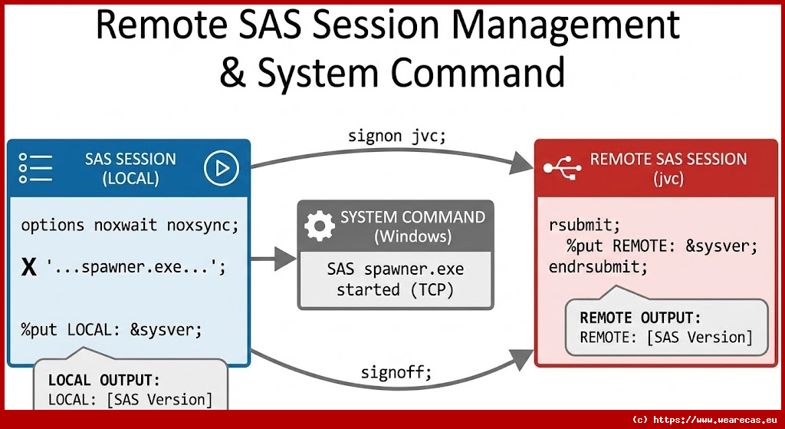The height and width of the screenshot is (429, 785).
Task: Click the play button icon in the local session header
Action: point(222,167)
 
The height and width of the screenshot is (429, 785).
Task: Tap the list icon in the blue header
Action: point(35,168)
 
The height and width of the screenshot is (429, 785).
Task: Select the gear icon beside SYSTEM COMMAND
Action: point(320,226)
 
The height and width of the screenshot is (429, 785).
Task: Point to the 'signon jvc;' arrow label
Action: point(396,135)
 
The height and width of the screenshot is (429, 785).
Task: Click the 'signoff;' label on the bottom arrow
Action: point(396,373)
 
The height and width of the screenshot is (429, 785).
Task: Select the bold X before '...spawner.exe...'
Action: point(29,268)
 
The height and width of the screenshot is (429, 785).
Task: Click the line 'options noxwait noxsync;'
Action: point(130,226)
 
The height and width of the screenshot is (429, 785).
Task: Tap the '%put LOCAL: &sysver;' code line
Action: point(111,330)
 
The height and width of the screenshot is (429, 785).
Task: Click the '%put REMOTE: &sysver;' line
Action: point(662,246)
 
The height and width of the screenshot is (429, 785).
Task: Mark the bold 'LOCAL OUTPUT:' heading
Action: point(104,380)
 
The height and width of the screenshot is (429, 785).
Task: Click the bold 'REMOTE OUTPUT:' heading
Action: point(640,318)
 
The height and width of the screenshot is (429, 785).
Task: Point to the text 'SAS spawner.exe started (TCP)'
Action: point(395,280)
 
